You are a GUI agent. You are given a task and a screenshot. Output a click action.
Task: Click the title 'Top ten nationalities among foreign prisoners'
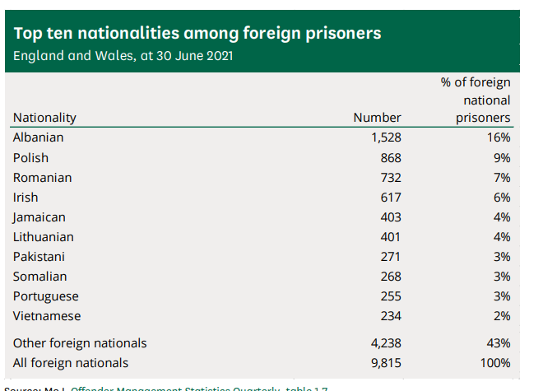pos(197,34)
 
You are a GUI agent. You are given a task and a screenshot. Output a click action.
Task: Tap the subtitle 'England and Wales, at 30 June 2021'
pos(123,56)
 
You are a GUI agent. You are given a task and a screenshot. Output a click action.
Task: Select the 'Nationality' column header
pos(44,118)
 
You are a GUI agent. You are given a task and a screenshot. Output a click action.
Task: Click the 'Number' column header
pos(377,118)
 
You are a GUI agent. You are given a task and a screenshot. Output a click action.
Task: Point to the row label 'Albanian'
pos(38,137)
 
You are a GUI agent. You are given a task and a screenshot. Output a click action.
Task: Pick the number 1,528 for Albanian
pos(386,137)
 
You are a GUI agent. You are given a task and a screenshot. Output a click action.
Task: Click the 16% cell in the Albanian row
pos(499,137)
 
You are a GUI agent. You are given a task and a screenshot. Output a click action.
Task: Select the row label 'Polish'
pos(30,157)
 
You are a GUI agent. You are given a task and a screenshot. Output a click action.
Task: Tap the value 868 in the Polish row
pos(391,157)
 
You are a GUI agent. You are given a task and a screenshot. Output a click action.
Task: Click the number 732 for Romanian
pos(391,177)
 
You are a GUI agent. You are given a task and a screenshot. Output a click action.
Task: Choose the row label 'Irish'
pos(26,197)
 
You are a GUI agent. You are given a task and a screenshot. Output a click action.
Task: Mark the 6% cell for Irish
pos(502,197)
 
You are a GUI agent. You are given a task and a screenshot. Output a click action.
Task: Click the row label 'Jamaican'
pos(39,217)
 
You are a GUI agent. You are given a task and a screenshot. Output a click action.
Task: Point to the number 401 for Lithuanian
pos(391,237)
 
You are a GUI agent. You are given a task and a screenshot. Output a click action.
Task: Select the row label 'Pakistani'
pos(39,257)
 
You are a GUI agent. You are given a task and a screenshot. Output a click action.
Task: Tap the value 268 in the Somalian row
pos(391,277)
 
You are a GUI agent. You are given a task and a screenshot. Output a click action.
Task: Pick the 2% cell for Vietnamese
pos(502,316)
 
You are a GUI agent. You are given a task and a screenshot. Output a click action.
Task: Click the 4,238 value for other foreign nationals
pos(386,342)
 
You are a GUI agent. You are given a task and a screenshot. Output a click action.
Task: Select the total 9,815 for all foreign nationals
pos(386,362)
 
